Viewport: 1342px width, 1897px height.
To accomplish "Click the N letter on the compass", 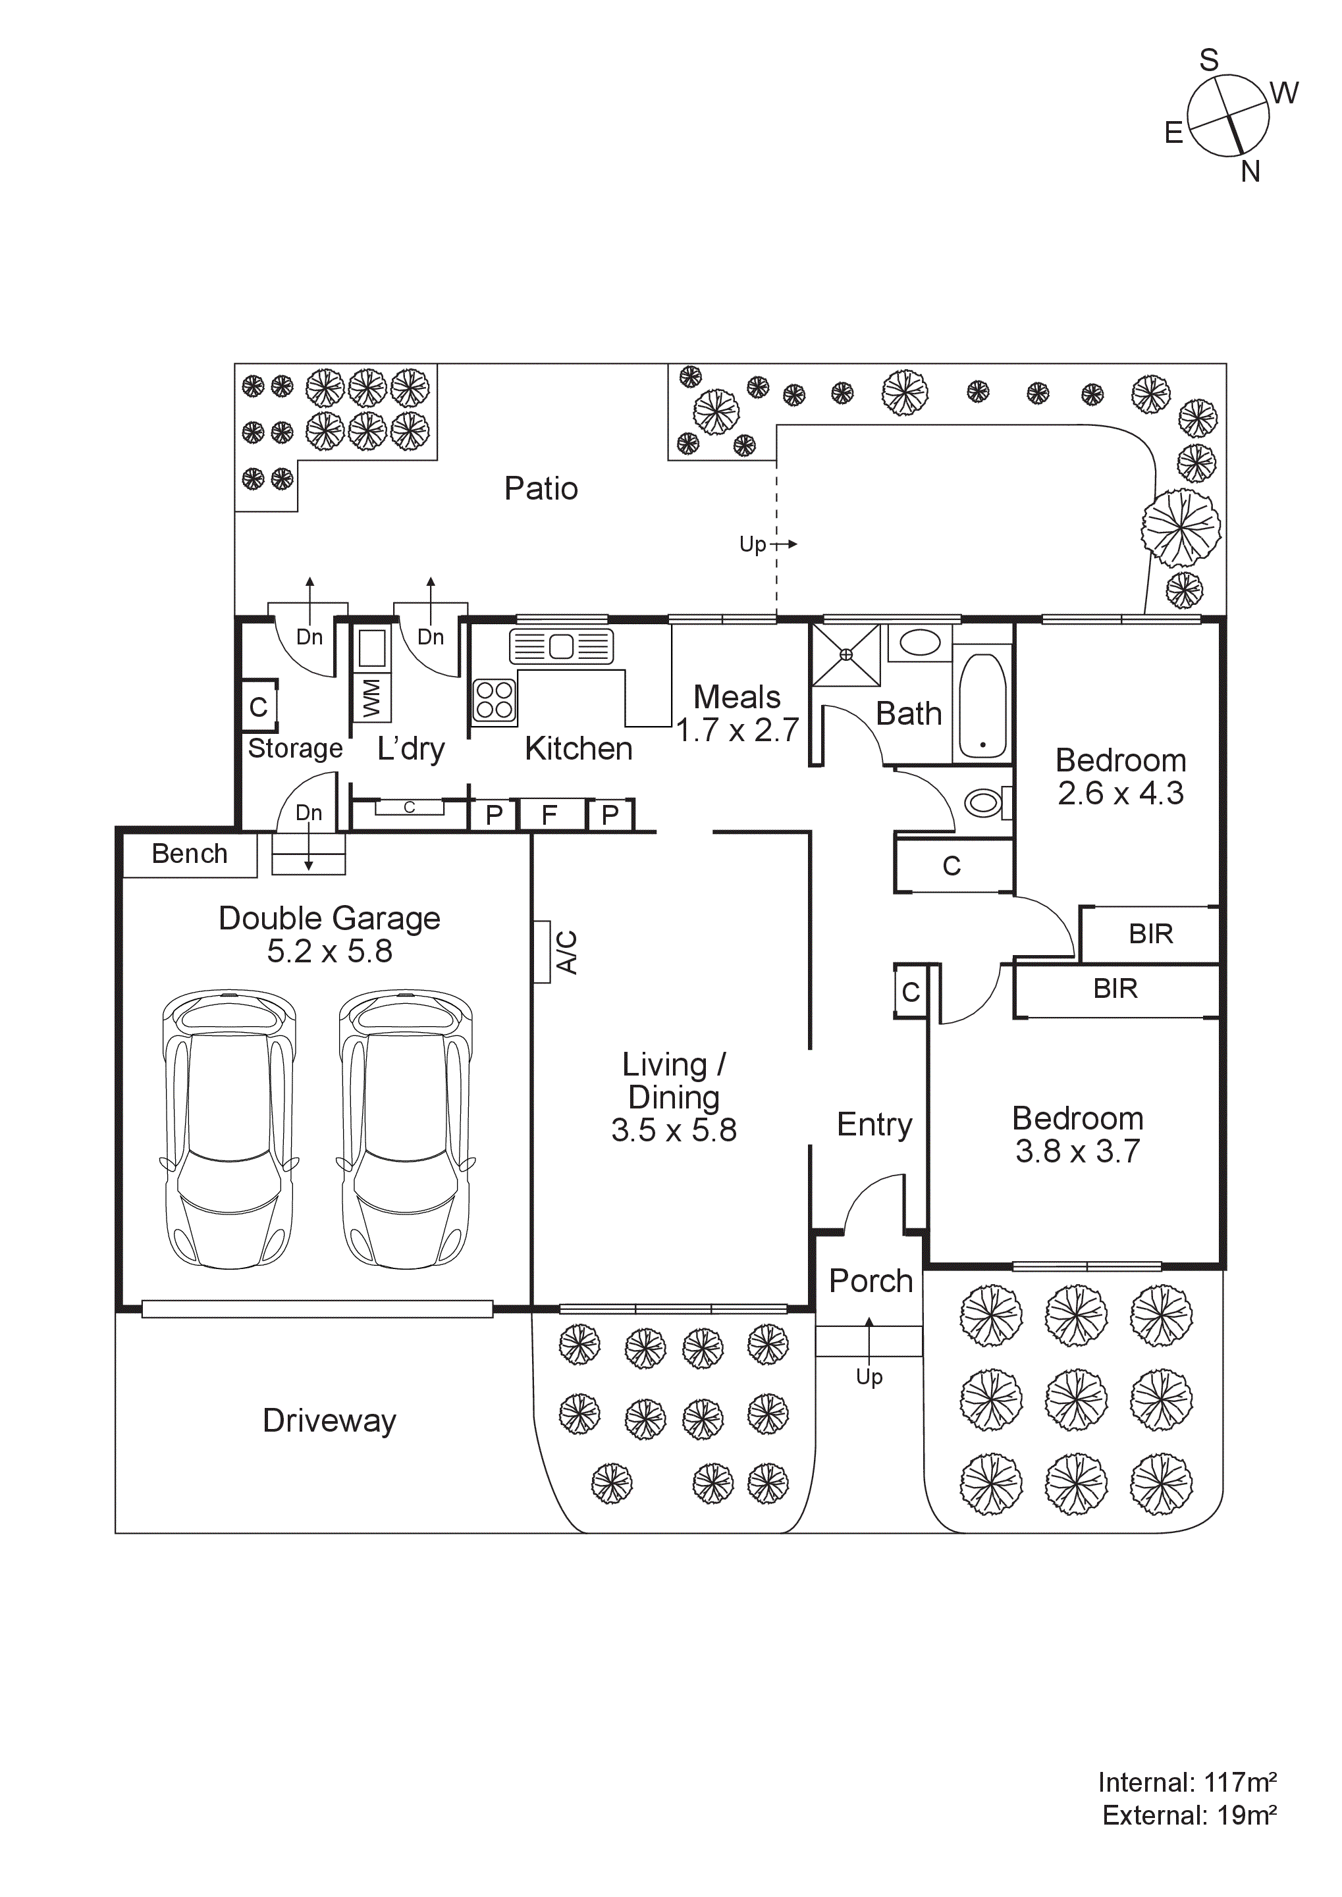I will [x=1250, y=172].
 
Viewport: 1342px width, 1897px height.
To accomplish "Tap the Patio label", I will [x=541, y=488].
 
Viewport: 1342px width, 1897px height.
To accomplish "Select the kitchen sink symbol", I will [x=561, y=646].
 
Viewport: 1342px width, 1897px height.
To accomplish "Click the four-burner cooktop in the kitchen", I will [x=494, y=700].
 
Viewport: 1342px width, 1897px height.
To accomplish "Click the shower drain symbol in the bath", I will [x=845, y=655].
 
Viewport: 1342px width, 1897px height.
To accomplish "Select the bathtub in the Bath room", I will [x=982, y=706].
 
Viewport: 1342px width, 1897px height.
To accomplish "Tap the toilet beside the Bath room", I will [x=984, y=802].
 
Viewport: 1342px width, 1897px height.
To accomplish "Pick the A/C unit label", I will [x=567, y=952].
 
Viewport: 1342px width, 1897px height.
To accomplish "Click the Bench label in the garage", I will [x=189, y=854].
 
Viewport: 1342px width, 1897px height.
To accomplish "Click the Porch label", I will [x=870, y=1281].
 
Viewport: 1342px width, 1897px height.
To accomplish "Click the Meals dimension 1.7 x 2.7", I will [x=737, y=731].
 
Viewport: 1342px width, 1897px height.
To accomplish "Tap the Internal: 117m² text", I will [x=1187, y=1783].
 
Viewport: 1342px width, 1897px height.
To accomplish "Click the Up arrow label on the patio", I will [x=753, y=544].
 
